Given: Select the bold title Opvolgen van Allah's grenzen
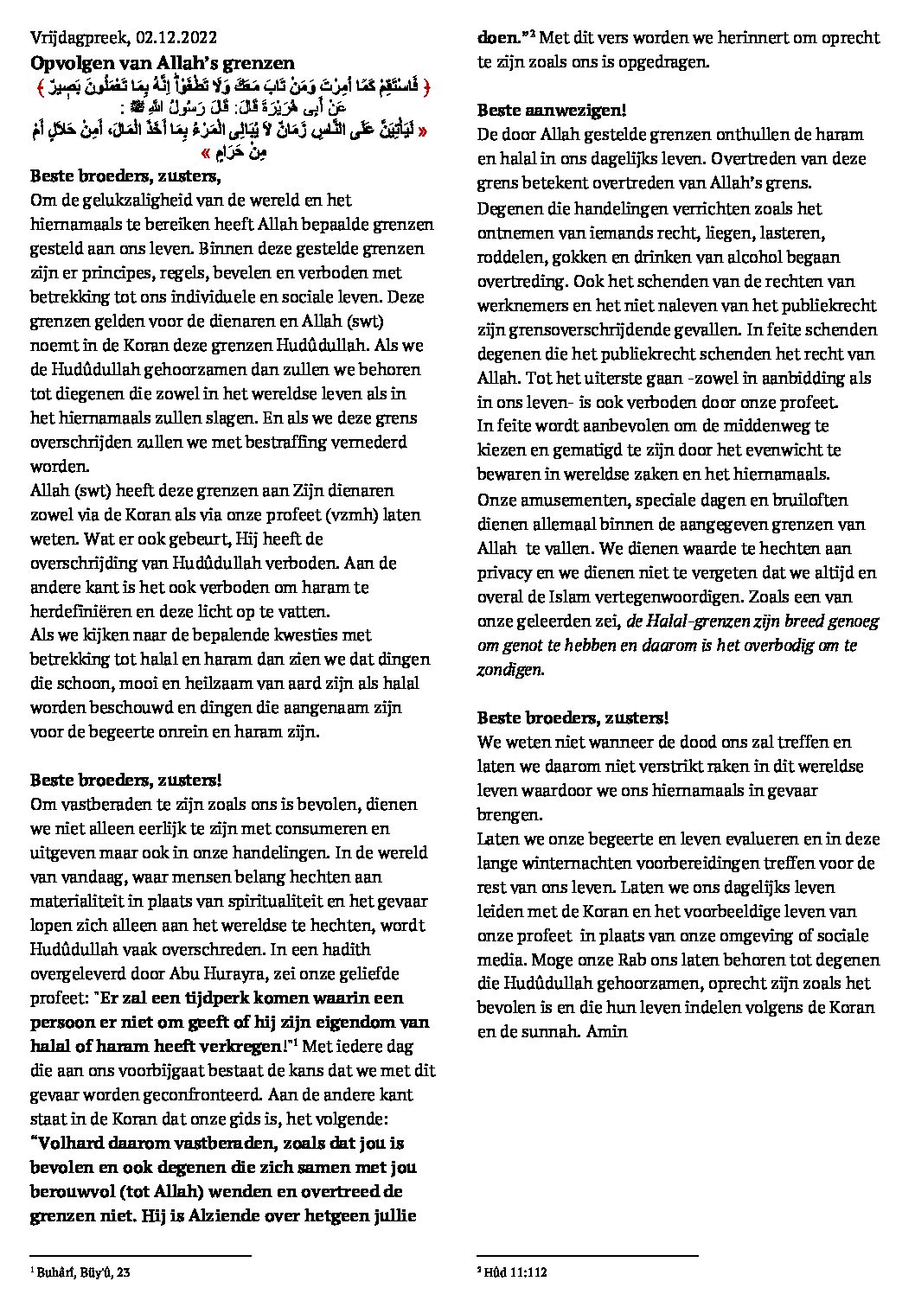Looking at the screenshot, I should click(x=162, y=62).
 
